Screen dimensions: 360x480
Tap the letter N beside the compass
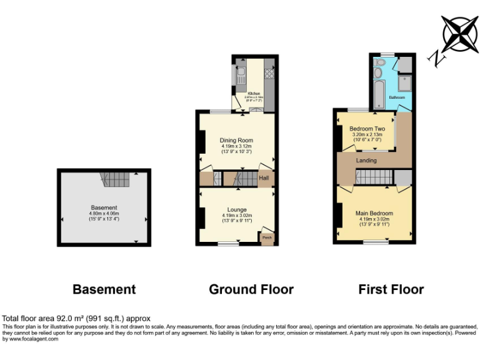point(436,59)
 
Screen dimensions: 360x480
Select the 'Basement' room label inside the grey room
point(103,208)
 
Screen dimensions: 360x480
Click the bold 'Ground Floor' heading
point(251,289)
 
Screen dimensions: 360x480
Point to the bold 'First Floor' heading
point(391,289)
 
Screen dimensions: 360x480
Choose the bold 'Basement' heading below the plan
point(104,289)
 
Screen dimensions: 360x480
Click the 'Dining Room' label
point(236,140)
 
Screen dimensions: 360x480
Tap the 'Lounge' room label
point(236,209)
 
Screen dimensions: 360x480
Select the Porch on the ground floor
point(267,237)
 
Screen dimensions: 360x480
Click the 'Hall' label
point(265,179)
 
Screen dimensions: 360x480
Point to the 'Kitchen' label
point(253,94)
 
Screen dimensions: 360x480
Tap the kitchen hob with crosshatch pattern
point(269,74)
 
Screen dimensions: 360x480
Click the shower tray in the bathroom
point(404,84)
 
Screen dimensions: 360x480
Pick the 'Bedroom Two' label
point(367,129)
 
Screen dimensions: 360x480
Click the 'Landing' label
point(366,161)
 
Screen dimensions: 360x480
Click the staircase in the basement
point(115,180)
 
